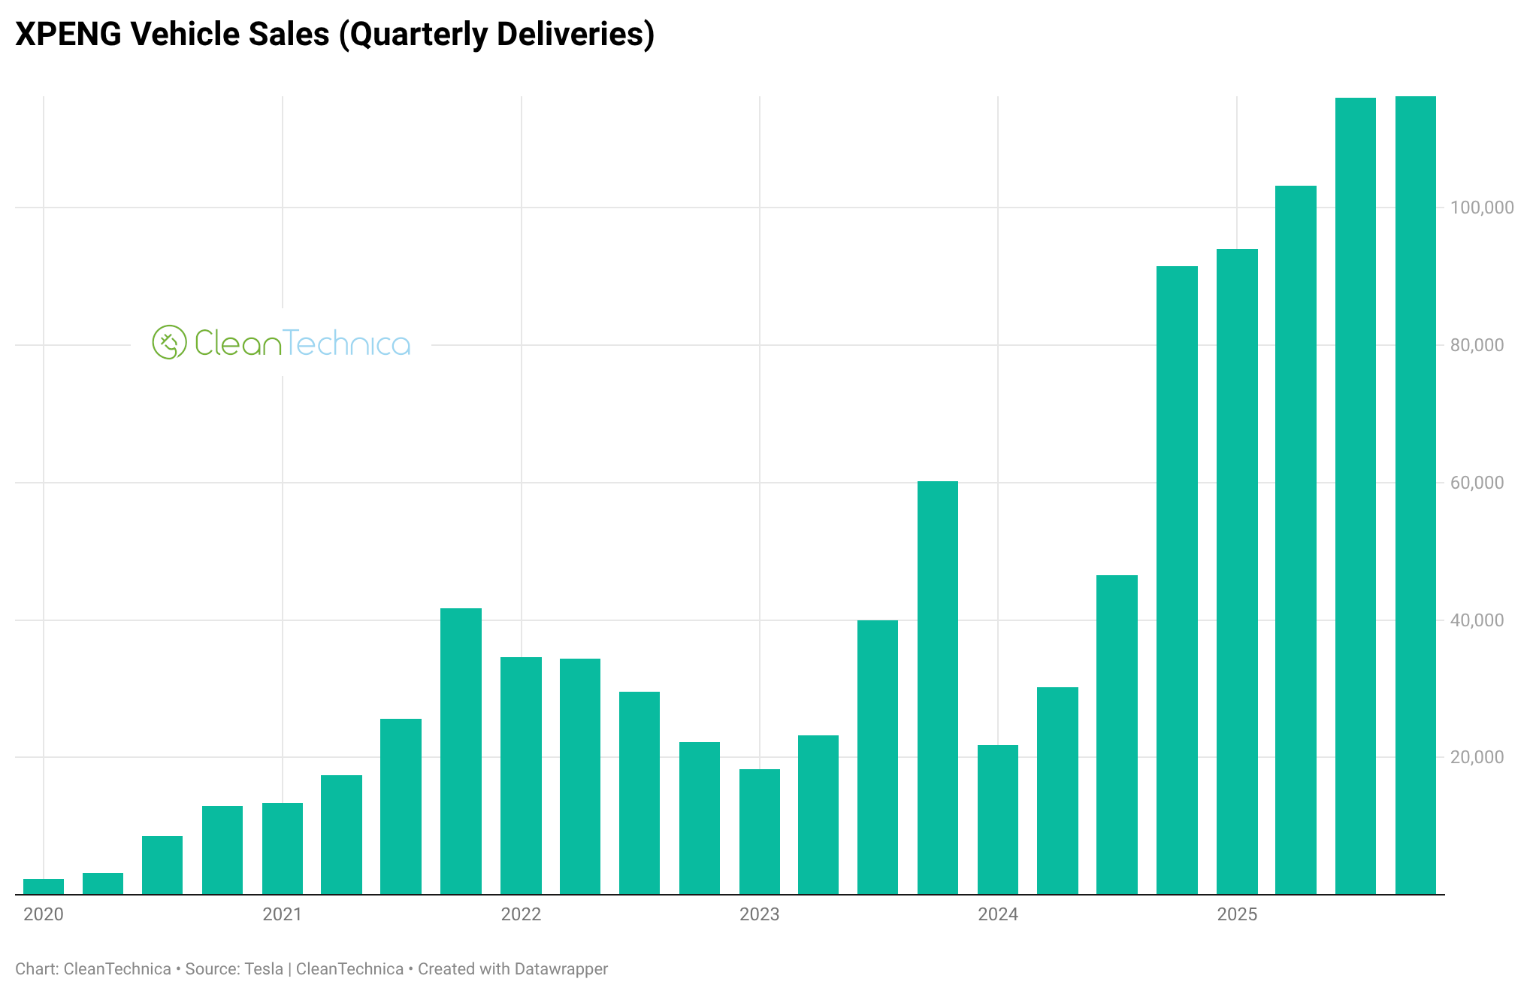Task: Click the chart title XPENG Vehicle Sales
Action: (x=334, y=35)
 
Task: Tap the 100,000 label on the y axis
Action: (x=1482, y=208)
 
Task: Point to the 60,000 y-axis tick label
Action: (x=1477, y=483)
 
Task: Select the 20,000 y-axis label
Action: (x=1477, y=757)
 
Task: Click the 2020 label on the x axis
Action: (x=44, y=914)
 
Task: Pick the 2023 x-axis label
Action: (x=759, y=914)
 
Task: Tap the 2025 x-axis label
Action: (x=1237, y=914)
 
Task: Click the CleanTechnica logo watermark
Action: (x=281, y=343)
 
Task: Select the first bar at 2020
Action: (x=44, y=886)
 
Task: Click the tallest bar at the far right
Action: (x=1415, y=496)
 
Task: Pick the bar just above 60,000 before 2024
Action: (x=938, y=688)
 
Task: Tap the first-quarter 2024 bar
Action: (x=998, y=820)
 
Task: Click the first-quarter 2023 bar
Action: (x=759, y=832)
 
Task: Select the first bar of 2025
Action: (x=1237, y=571)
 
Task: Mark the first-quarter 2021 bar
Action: (x=283, y=849)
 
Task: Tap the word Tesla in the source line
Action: (x=264, y=969)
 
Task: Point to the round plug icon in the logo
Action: (x=169, y=343)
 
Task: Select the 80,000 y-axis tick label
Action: (x=1477, y=345)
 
